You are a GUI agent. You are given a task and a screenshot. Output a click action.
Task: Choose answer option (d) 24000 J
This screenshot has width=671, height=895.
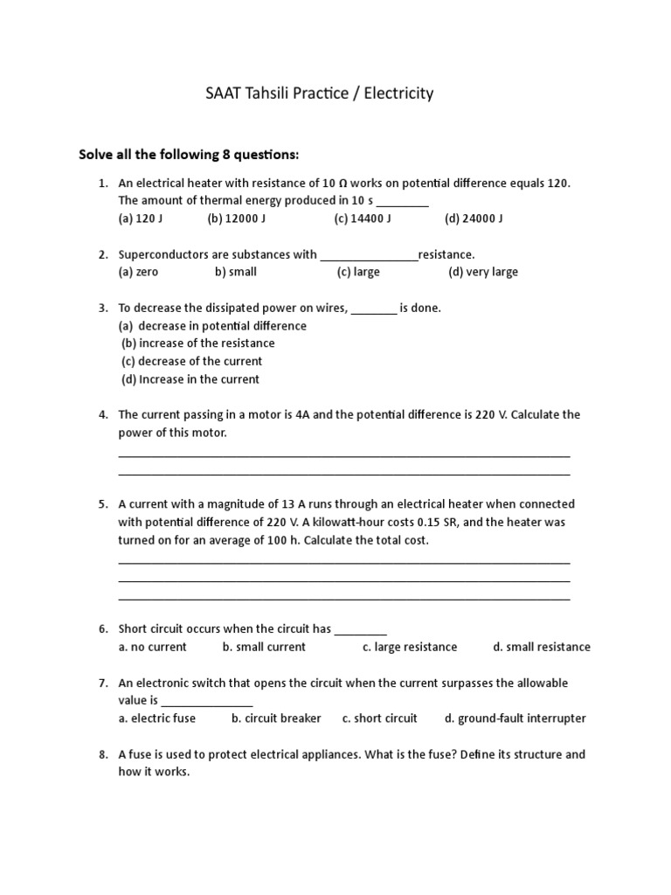tap(474, 219)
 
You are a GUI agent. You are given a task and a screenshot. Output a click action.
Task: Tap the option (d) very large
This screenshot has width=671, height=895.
tap(483, 272)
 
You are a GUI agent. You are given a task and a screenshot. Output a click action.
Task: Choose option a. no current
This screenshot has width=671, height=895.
tap(153, 647)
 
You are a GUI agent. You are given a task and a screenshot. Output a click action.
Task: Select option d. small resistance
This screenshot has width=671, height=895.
tap(542, 647)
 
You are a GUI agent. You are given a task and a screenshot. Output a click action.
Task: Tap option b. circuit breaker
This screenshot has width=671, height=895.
tap(276, 718)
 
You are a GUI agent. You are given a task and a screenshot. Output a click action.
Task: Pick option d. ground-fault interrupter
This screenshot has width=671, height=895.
tap(515, 718)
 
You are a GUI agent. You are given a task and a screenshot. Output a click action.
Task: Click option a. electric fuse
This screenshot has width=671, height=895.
tap(157, 718)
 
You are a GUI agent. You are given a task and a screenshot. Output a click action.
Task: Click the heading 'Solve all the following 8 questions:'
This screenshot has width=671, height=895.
tap(189, 155)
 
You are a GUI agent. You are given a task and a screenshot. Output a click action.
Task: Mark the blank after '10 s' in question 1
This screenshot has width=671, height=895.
tap(402, 201)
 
